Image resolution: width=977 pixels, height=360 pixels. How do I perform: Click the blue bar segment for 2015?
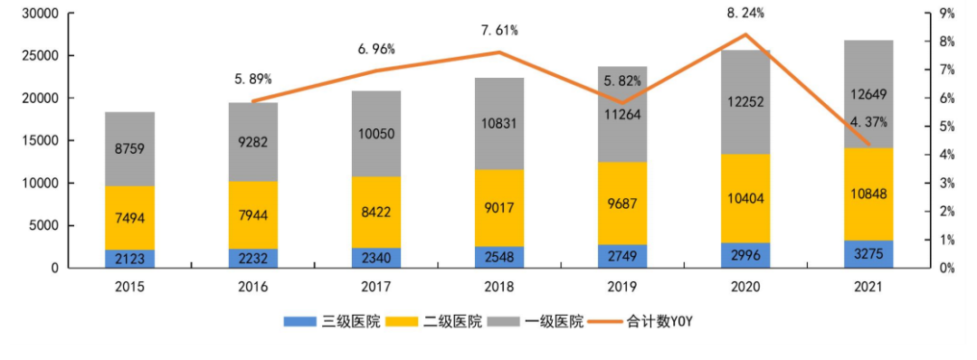point(129,259)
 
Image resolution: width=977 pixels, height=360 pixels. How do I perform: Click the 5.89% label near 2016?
point(252,79)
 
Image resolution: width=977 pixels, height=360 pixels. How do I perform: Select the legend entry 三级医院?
point(331,321)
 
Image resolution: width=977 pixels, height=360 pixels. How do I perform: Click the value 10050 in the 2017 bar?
point(375,134)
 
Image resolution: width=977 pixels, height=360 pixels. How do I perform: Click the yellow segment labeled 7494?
point(129,218)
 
